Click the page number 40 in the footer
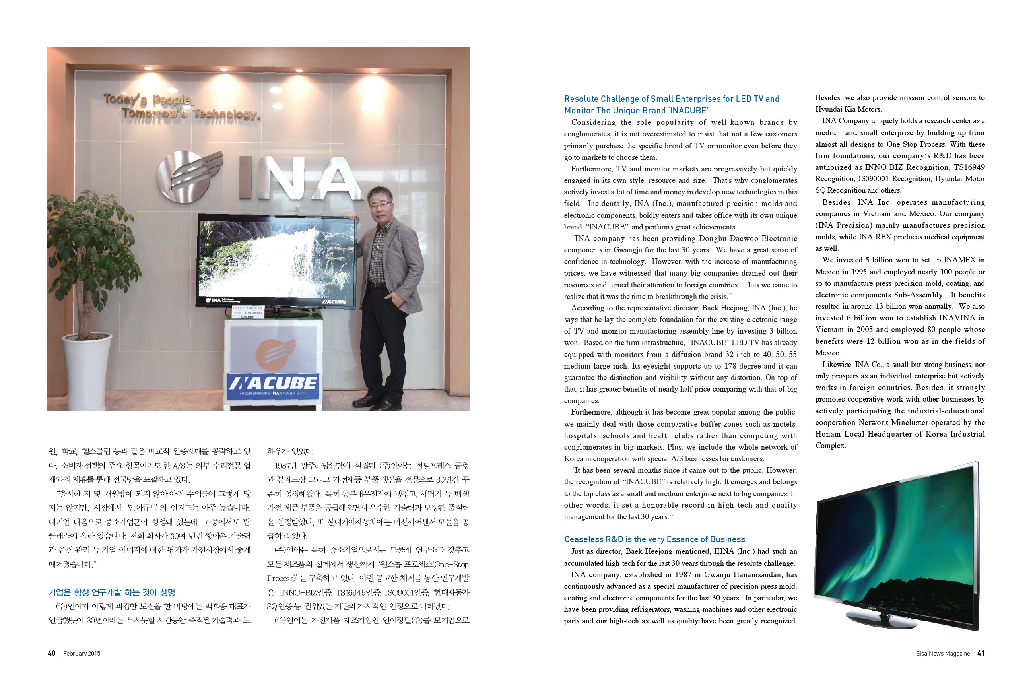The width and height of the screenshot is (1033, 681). click(51, 653)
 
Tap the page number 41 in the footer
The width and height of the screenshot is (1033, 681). click(981, 653)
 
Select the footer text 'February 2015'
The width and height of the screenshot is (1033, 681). click(82, 654)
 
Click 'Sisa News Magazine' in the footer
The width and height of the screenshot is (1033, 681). click(943, 654)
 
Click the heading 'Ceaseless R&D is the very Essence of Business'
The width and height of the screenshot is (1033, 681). click(654, 539)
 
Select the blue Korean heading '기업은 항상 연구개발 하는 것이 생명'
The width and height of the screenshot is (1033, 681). click(112, 592)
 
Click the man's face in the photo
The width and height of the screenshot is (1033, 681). click(379, 203)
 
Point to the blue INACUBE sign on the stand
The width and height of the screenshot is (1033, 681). click(273, 385)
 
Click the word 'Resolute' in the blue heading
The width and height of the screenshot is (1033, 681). click(581, 99)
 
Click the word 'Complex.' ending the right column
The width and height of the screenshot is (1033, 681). click(830, 446)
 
